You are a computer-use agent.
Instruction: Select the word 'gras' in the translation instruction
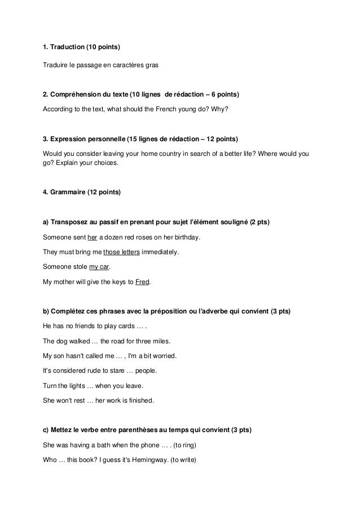[152, 65]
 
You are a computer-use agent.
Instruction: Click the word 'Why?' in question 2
[220, 108]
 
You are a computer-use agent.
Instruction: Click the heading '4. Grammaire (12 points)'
[81, 193]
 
